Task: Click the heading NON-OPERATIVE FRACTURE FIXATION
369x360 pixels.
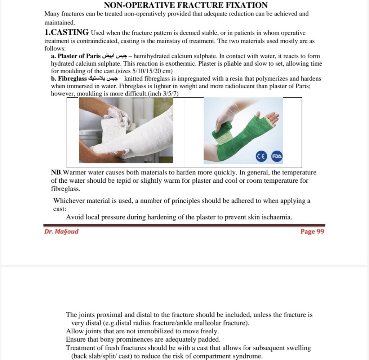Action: click(x=186, y=5)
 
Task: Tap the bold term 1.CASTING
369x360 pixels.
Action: click(x=67, y=32)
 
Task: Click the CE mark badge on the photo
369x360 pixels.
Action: click(x=261, y=156)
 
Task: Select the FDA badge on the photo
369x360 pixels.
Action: click(x=276, y=156)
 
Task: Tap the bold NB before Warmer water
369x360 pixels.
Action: click(x=57, y=173)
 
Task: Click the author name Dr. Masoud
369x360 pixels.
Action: click(x=61, y=231)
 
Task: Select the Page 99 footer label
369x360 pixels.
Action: click(x=312, y=231)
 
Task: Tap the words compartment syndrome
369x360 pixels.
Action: click(x=227, y=356)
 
